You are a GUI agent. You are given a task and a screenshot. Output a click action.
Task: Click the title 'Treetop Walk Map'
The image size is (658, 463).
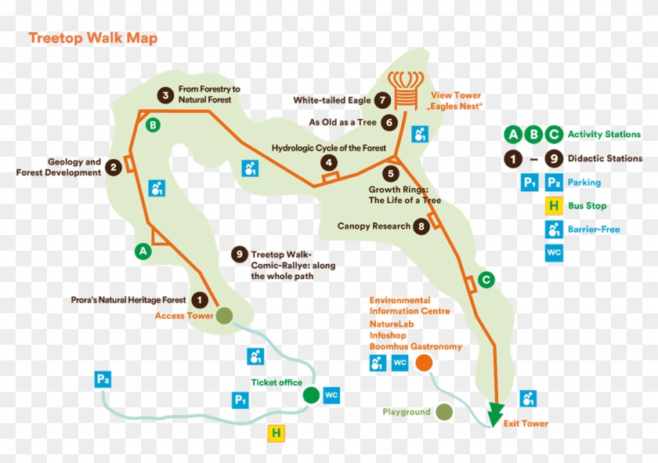click(92, 38)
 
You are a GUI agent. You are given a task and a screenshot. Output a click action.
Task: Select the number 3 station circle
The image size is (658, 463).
click(164, 95)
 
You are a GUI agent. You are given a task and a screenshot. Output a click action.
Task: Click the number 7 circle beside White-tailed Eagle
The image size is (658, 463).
click(382, 100)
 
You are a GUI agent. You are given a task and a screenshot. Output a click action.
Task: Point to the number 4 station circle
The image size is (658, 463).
click(330, 163)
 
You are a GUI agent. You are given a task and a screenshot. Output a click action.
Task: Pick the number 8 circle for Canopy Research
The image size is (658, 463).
click(422, 226)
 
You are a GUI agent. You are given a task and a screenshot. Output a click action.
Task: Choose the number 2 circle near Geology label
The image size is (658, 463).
click(114, 167)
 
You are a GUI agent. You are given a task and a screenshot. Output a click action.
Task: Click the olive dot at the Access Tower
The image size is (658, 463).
click(225, 316)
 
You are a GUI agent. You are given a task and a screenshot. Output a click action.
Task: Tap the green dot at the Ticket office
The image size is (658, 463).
click(311, 395)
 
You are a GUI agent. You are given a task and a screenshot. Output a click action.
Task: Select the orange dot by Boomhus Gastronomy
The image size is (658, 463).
click(425, 363)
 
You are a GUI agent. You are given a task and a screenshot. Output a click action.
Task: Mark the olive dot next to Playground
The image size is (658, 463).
click(444, 411)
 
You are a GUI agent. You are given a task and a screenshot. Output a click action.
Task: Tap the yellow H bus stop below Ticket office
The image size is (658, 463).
click(275, 433)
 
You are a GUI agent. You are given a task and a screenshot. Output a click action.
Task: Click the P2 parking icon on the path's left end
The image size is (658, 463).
click(103, 380)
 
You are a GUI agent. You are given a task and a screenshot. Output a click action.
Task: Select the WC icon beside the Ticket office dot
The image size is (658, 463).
click(331, 395)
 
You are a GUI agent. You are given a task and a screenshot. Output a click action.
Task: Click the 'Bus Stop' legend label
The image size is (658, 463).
click(587, 206)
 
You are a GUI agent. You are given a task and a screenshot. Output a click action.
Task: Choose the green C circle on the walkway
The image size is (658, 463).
click(486, 279)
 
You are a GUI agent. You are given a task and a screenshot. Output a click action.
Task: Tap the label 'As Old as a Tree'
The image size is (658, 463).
click(342, 122)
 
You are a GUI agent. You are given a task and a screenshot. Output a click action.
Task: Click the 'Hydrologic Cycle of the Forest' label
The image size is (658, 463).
click(328, 148)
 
